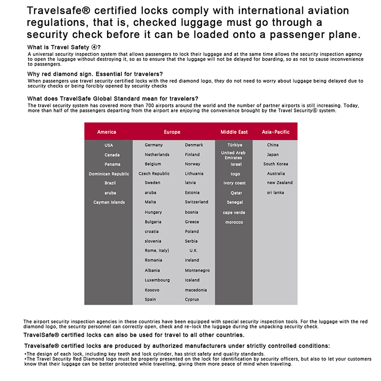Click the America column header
coord(106,132)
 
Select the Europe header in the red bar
coord(172,132)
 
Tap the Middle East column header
coord(234,132)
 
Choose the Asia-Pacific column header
coord(275,132)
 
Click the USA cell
coord(109,145)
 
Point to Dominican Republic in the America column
coord(109,174)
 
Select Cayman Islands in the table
coord(109,202)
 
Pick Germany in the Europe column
coord(154,145)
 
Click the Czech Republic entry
coord(154,174)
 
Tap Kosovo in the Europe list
coord(152,290)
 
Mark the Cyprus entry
coord(192,300)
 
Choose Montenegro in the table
coord(197,271)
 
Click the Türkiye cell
coord(235,145)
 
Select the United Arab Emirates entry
coord(233,155)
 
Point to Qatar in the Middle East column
coord(236,193)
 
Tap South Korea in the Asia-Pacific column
coord(276,164)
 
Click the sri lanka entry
coord(275,193)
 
